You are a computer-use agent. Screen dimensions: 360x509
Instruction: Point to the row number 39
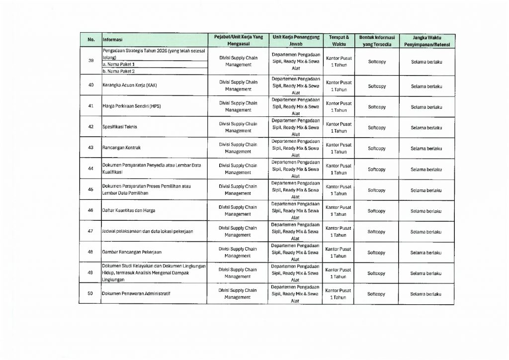click(x=90, y=61)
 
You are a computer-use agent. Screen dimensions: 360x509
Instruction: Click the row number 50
click(x=90, y=294)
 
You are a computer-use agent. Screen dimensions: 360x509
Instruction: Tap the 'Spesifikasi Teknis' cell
click(x=120, y=127)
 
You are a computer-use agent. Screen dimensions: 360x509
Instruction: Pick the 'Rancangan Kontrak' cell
click(x=120, y=148)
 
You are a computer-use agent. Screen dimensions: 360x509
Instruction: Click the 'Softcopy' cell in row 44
click(x=377, y=169)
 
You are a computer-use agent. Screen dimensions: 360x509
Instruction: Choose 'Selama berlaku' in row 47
click(x=426, y=232)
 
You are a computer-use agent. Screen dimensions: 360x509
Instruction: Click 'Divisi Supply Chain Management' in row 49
click(x=238, y=273)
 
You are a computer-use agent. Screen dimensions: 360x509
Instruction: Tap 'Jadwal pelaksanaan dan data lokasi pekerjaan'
click(x=147, y=232)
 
